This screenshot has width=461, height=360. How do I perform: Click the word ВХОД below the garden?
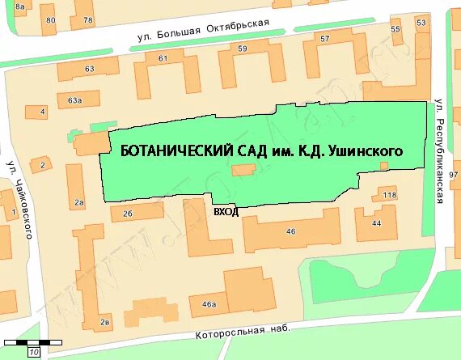coord(225,211)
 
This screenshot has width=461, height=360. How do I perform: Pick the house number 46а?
coord(209,304)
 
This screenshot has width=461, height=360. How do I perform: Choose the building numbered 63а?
coord(74,100)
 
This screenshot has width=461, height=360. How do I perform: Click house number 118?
coord(390,195)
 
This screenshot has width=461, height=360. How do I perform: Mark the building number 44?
coord(376,222)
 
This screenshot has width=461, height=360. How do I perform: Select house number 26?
coord(127,214)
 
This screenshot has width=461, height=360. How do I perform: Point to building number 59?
coord(243,49)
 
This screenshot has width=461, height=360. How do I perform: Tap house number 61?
coord(163,57)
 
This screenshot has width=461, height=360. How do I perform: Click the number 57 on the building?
coord(325,39)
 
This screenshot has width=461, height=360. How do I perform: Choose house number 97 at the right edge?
coord(454,175)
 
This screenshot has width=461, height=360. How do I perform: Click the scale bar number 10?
coord(34,353)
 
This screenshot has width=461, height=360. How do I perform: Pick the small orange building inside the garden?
coord(243,170)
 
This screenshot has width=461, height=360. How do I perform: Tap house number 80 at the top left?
coord(51,19)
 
